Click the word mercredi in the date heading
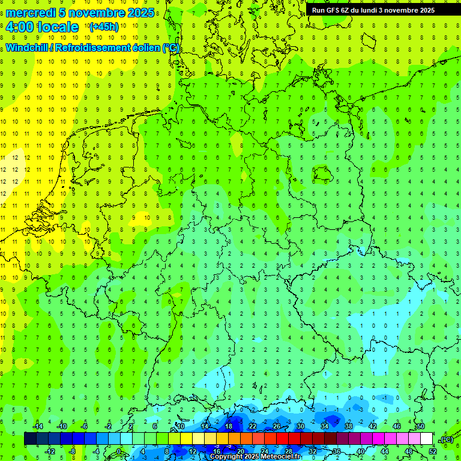31,13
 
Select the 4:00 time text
19,27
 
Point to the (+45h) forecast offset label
104,27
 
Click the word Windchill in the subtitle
28,48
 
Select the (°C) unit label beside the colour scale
446,439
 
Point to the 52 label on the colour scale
433,451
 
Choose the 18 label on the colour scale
229,426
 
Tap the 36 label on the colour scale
337,451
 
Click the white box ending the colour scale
427,439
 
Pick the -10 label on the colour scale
61,426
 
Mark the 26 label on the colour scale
277,426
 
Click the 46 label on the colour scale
397,426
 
